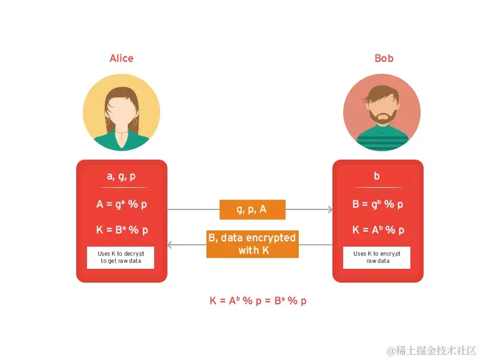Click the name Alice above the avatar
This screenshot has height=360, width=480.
click(121, 58)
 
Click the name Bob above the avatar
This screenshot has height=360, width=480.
click(384, 58)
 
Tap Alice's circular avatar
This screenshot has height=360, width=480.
click(121, 112)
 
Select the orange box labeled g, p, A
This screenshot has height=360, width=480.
click(252, 209)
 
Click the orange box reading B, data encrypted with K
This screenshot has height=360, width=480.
click(252, 244)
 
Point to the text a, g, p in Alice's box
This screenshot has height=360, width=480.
click(121, 176)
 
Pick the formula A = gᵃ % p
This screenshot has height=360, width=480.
click(122, 204)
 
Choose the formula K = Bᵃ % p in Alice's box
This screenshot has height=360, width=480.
click(122, 230)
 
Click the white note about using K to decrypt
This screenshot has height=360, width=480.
click(121, 257)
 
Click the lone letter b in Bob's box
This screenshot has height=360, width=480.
click(377, 176)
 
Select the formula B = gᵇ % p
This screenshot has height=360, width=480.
click(377, 204)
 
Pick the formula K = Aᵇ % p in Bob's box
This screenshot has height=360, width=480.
click(377, 230)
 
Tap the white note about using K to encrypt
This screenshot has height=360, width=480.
click(377, 257)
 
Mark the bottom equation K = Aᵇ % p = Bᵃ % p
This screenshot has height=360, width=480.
click(258, 301)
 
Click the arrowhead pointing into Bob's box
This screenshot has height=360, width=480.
click(329, 209)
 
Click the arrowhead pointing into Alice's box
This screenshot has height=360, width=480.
click(170, 245)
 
